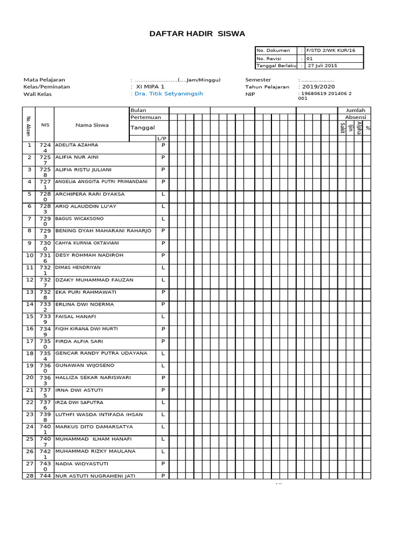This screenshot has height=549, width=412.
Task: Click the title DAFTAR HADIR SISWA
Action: pyautogui.click(x=197, y=34)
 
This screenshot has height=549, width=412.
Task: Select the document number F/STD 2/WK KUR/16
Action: pyautogui.click(x=330, y=50)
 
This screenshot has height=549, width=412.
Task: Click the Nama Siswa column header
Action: pyautogui.click(x=92, y=125)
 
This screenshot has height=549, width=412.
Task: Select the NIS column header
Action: pyautogui.click(x=45, y=125)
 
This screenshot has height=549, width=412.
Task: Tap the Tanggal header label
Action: pyautogui.click(x=143, y=128)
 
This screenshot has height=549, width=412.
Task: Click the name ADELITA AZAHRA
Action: pyautogui.click(x=77, y=145)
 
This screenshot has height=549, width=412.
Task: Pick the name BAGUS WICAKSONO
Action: pyautogui.click(x=79, y=219)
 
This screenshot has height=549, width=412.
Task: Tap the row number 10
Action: pyautogui.click(x=30, y=255)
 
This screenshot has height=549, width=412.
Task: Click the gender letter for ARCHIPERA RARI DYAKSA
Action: pyautogui.click(x=163, y=194)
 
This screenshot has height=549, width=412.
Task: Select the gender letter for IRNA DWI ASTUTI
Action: pyautogui.click(x=163, y=390)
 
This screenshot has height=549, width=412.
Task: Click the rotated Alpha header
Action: pyautogui.click(x=359, y=129)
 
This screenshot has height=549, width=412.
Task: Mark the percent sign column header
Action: pyautogui.click(x=367, y=128)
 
